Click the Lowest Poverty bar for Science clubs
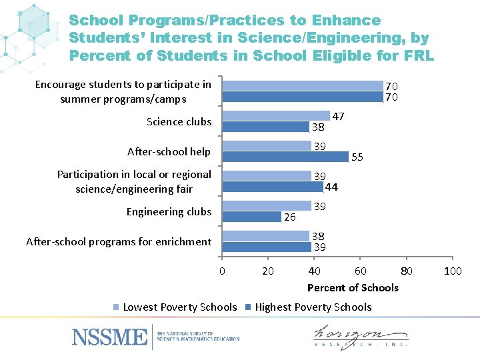point(276,115)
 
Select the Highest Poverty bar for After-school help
point(285,157)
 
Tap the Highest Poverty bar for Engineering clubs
point(252,217)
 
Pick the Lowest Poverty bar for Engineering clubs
point(267,206)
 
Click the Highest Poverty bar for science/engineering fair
point(273,187)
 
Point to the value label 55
point(357,157)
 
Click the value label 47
point(338,117)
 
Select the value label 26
point(290,217)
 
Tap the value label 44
point(331,187)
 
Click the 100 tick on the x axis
point(453,271)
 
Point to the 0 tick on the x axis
point(222,271)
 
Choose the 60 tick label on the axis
point(360,271)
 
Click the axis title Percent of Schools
point(353,288)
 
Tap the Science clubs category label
point(179,121)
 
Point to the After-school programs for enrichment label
point(118,242)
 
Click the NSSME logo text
point(110,337)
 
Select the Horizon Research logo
point(361,337)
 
